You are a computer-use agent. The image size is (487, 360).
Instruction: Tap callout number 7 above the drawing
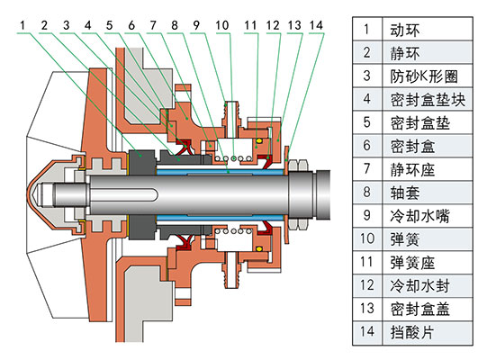152,24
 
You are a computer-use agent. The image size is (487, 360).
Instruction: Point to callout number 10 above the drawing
221,24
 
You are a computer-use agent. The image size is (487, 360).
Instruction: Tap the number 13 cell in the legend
366,310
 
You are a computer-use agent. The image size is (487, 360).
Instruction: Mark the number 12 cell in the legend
366,286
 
